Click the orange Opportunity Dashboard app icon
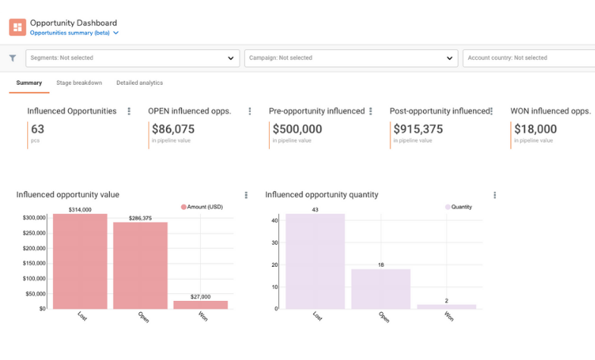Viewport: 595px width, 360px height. pyautogui.click(x=17, y=27)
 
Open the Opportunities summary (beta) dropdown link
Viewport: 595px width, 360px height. pyautogui.click(x=74, y=33)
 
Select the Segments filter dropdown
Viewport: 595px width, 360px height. pyautogui.click(x=133, y=58)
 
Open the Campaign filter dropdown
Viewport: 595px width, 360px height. pyautogui.click(x=351, y=58)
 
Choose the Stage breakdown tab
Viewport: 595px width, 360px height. pyautogui.click(x=79, y=83)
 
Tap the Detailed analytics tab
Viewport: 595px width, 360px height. pyautogui.click(x=139, y=83)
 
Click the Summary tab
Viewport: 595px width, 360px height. pyautogui.click(x=29, y=83)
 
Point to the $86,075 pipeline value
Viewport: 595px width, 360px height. pyautogui.click(x=173, y=130)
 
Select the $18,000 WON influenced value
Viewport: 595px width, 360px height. pyautogui.click(x=535, y=130)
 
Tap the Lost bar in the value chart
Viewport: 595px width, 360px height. pyautogui.click(x=80, y=261)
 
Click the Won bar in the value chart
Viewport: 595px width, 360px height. pyautogui.click(x=200, y=305)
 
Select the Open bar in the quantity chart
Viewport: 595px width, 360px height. pyautogui.click(x=380, y=289)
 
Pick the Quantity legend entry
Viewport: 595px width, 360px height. pyautogui.click(x=462, y=206)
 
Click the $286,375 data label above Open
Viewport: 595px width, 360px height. pyautogui.click(x=140, y=218)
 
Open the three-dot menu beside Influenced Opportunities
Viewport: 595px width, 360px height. pyautogui.click(x=129, y=111)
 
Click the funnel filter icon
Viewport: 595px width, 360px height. pyautogui.click(x=13, y=58)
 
